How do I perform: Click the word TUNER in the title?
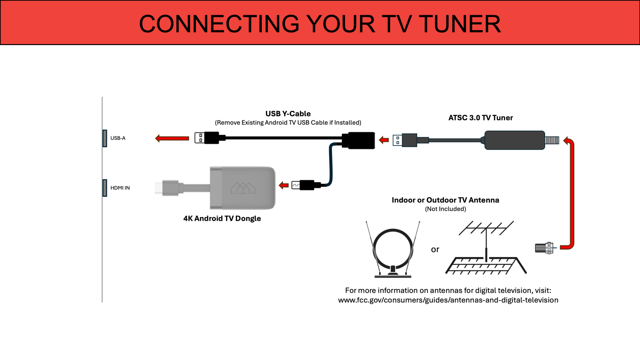[460, 24]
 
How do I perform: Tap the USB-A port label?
[118, 138]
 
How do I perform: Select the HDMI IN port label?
[120, 188]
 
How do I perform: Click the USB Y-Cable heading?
[288, 114]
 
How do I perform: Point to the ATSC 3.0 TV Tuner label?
[480, 118]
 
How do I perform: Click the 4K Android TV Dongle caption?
[222, 218]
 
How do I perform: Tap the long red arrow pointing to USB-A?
[172, 138]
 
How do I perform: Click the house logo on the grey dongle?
[243, 188]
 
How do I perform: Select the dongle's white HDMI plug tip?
[159, 188]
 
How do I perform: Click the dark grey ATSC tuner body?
[514, 140]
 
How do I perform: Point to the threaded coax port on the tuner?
[552, 140]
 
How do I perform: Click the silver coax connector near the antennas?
[544, 248]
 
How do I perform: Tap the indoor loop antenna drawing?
[393, 250]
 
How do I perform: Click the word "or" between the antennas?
[435, 249]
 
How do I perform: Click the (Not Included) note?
[445, 209]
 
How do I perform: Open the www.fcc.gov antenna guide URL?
[448, 300]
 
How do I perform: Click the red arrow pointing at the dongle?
[284, 185]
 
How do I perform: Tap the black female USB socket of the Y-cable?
[361, 140]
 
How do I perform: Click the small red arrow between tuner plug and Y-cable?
[384, 140]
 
